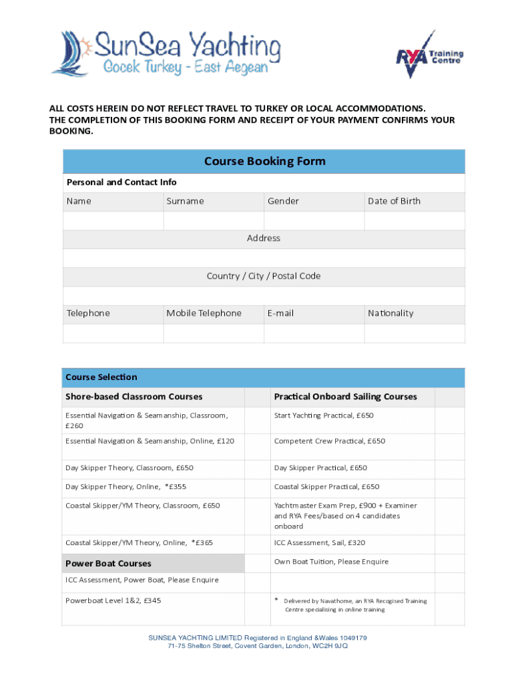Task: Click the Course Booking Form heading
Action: (x=264, y=162)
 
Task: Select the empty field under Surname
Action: (x=214, y=220)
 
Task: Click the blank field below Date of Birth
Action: (x=415, y=220)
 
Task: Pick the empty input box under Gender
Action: (x=314, y=220)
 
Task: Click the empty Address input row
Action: (x=264, y=258)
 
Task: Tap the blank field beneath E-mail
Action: (x=314, y=333)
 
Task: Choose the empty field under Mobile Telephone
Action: (x=214, y=333)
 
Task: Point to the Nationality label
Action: (x=391, y=313)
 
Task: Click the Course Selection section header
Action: (x=101, y=377)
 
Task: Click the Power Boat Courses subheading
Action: (x=108, y=563)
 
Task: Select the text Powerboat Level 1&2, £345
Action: (x=113, y=601)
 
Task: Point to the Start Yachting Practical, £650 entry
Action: (x=324, y=415)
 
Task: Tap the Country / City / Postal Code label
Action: (x=264, y=276)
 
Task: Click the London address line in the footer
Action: (x=257, y=646)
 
